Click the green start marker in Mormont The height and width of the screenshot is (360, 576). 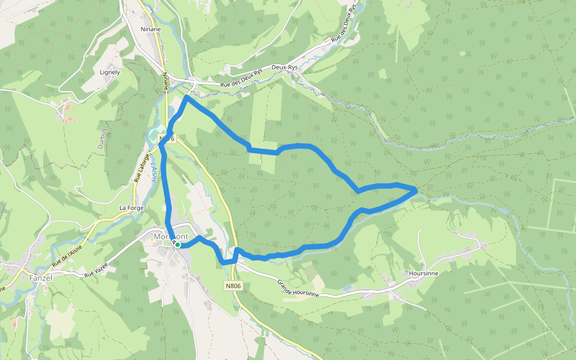[x=178, y=245]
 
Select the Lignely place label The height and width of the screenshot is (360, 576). [x=110, y=72]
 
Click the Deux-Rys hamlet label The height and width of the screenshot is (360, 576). [x=284, y=68]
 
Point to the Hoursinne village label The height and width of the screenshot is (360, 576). [x=423, y=273]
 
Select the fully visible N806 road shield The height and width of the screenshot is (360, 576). [x=234, y=286]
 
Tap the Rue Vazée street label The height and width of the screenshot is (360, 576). [x=96, y=269]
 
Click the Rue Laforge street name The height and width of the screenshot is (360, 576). [x=141, y=169]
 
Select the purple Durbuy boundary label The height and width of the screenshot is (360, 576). [x=102, y=137]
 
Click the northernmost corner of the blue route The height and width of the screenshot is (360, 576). [x=188, y=97]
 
